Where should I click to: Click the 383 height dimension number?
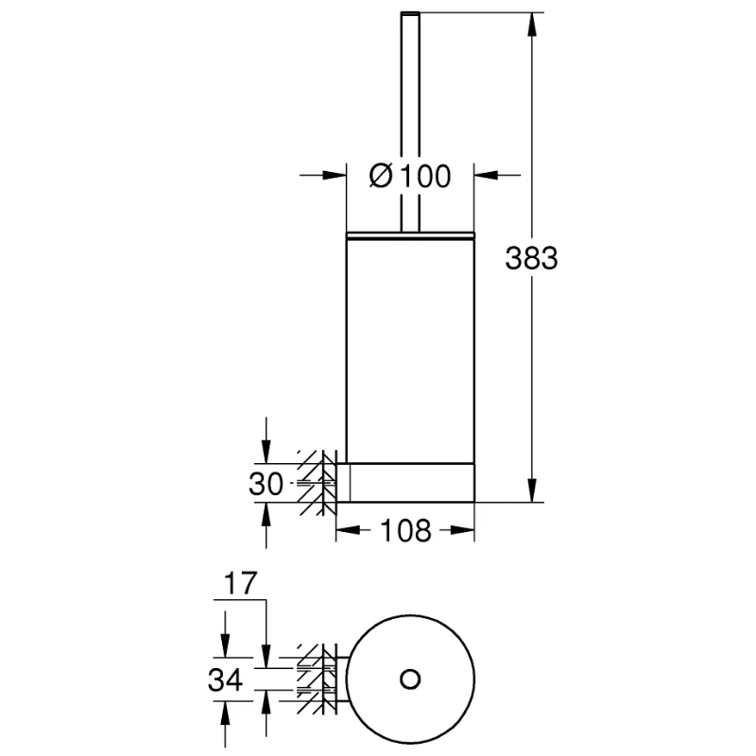[531, 258]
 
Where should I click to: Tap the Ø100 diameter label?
[410, 176]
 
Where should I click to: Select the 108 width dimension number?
[405, 530]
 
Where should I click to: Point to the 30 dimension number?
[266, 484]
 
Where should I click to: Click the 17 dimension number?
[241, 583]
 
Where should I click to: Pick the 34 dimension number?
[225, 680]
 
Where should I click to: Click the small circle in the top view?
[410, 679]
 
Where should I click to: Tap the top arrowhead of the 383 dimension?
[532, 25]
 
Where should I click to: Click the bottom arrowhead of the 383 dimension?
[532, 490]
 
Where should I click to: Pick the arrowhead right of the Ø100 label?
[487, 175]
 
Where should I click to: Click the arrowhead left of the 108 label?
[348, 530]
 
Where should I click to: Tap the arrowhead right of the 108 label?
[462, 530]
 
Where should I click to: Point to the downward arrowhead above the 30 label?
[266, 452]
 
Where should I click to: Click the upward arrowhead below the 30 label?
[266, 514]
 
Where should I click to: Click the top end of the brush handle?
[410, 12]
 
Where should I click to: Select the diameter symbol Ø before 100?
[381, 176]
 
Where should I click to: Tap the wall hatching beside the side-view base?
[317, 483]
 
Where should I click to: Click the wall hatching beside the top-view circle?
[317, 679]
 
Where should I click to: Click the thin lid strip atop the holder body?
[410, 235]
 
